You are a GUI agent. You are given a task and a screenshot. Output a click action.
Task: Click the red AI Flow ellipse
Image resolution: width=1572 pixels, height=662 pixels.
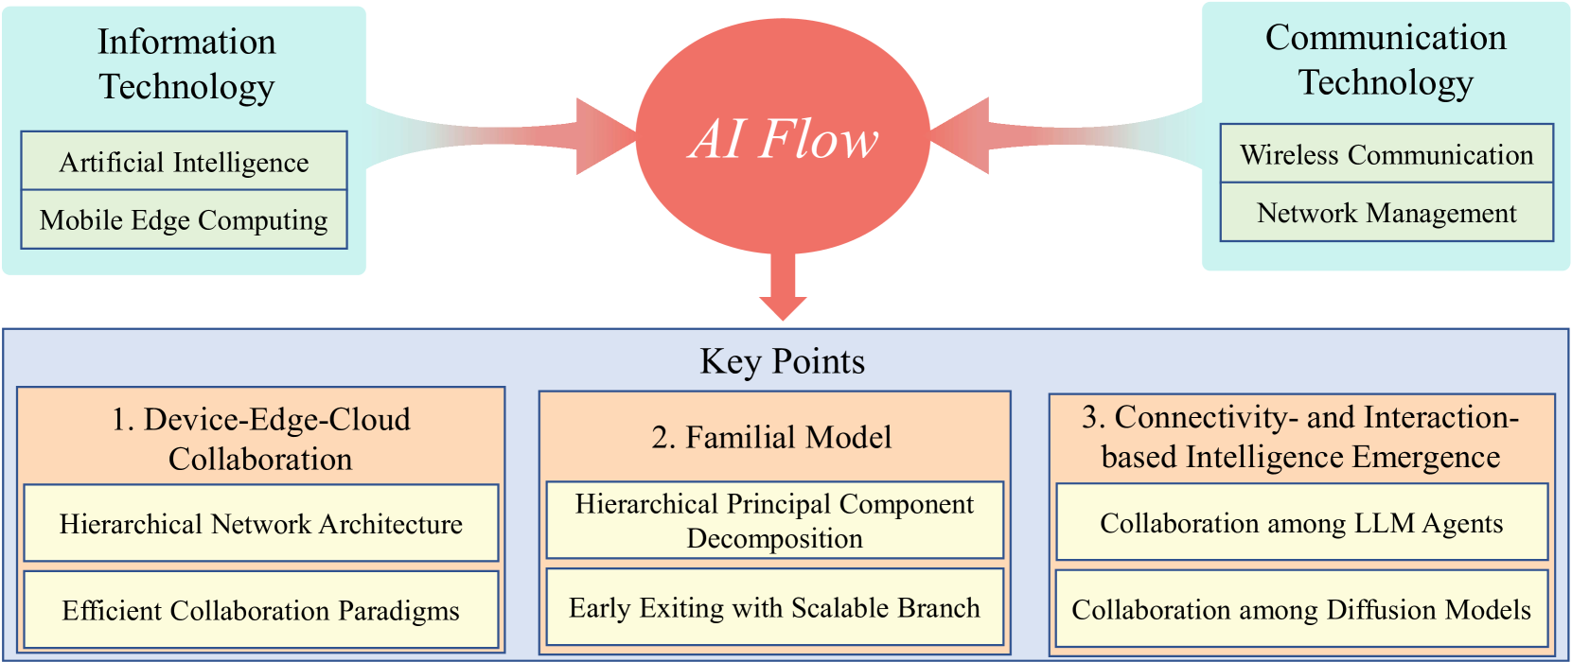point(783,137)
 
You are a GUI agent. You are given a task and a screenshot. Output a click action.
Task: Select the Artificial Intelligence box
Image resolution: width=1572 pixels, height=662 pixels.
point(184,162)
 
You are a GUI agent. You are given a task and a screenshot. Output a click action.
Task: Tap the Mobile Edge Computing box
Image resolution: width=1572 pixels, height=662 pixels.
point(184,220)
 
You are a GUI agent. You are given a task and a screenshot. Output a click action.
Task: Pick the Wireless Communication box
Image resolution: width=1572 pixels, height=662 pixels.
point(1387,154)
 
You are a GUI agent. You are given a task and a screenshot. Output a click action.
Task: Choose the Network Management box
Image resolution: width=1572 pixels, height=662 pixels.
point(1387,213)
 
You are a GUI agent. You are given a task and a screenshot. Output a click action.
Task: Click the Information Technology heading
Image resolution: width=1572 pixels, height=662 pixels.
point(186,63)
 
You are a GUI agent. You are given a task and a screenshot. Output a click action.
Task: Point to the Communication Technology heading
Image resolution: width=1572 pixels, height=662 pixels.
point(1386,60)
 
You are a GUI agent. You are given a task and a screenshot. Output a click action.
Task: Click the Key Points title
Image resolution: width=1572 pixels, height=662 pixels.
point(782,361)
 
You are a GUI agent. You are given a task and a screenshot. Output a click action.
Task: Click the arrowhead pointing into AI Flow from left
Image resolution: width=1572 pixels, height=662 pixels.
point(604,136)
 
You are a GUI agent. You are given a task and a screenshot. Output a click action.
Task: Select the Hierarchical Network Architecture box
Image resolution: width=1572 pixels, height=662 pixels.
point(260,524)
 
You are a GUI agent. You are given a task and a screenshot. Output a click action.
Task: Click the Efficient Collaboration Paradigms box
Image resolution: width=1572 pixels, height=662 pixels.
point(260,610)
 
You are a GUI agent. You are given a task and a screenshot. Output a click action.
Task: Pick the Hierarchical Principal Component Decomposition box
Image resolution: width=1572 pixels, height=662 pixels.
point(774,521)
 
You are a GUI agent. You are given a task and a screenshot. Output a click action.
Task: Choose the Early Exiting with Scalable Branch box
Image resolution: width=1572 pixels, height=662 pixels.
point(774,607)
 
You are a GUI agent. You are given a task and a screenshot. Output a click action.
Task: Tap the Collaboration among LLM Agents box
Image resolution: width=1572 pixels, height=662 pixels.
point(1301,523)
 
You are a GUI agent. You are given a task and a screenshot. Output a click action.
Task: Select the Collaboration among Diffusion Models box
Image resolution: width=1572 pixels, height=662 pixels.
point(1301,609)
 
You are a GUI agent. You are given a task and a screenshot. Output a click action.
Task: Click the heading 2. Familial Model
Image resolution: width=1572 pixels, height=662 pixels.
point(771,437)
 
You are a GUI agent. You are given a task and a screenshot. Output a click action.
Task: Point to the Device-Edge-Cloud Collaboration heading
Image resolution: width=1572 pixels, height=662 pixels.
point(260,439)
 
